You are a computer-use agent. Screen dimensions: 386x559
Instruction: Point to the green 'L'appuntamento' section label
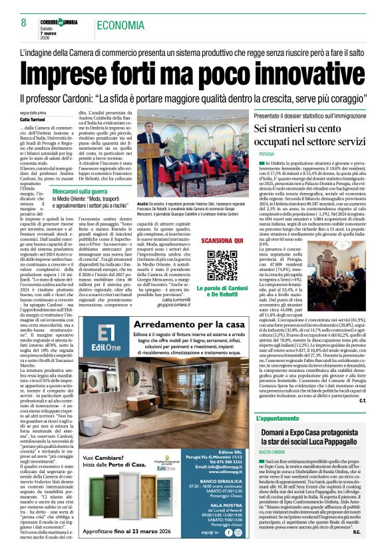278,399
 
